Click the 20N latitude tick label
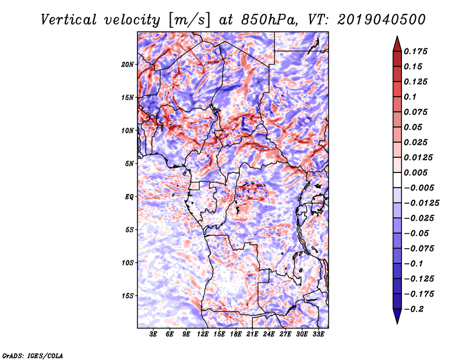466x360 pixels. pyautogui.click(x=128, y=64)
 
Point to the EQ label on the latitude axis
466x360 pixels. pyautogui.click(x=129, y=197)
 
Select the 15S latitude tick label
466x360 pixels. pyautogui.click(x=128, y=296)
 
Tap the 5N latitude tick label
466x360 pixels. pyautogui.click(x=129, y=164)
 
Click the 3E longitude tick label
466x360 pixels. pyautogui.click(x=154, y=335)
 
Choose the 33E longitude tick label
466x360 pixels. pyautogui.click(x=318, y=335)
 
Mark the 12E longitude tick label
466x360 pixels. pyautogui.click(x=203, y=335)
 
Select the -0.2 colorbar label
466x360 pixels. pyautogui.click(x=416, y=309)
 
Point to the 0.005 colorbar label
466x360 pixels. pyautogui.click(x=417, y=173)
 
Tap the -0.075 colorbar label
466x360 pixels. pyautogui.click(x=419, y=249)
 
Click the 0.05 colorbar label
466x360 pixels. pyautogui.click(x=414, y=128)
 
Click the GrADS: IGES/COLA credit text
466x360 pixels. pyautogui.click(x=33, y=355)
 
